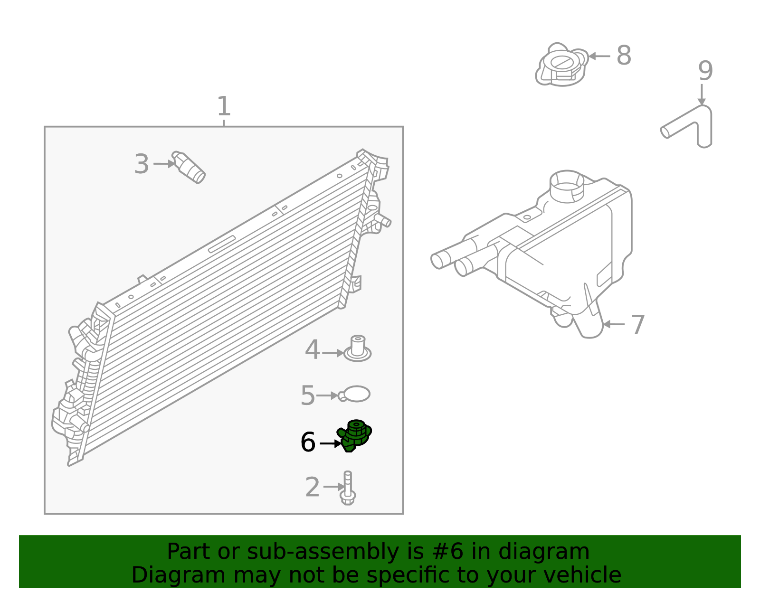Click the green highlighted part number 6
click(x=354, y=434)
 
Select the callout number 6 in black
click(x=308, y=442)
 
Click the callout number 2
click(x=312, y=488)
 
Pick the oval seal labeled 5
click(x=356, y=394)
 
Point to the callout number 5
click(x=307, y=395)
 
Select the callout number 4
click(x=312, y=350)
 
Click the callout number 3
click(x=141, y=164)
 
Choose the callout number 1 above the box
click(x=223, y=106)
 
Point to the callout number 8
click(x=624, y=56)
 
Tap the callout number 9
click(x=705, y=71)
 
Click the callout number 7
click(x=637, y=325)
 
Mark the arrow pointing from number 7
click(x=613, y=324)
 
